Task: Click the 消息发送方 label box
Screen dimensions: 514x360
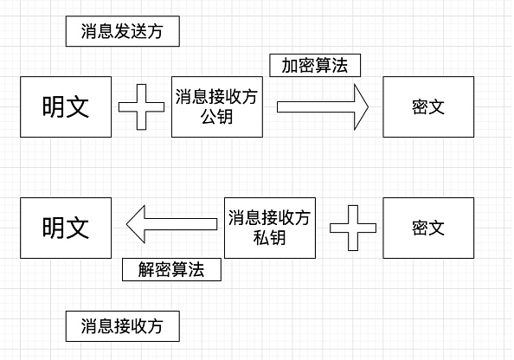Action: point(123,31)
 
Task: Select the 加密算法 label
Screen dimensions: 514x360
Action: point(315,66)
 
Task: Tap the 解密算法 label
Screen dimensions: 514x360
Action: point(171,269)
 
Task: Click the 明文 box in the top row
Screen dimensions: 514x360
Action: point(66,107)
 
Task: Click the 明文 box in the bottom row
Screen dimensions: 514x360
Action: point(66,228)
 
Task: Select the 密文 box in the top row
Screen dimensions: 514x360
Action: point(428,107)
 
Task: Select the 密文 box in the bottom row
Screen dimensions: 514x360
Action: point(428,228)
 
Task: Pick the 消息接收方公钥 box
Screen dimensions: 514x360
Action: point(217,107)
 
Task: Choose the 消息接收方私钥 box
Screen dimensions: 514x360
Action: point(270,228)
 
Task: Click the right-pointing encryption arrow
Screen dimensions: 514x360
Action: point(323,107)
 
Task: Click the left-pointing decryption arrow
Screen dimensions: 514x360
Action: point(172,224)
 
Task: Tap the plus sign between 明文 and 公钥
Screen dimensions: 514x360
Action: point(141,107)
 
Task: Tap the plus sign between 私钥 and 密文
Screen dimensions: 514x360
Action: point(353,228)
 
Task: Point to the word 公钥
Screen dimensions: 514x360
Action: point(217,117)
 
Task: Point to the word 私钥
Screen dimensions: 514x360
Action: point(270,238)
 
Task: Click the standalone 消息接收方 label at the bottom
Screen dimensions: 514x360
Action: point(123,326)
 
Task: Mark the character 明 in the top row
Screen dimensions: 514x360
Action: point(54,107)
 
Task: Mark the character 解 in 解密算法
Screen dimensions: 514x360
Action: point(146,269)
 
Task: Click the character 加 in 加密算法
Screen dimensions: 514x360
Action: point(290,66)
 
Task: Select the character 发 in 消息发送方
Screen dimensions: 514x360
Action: point(122,31)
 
